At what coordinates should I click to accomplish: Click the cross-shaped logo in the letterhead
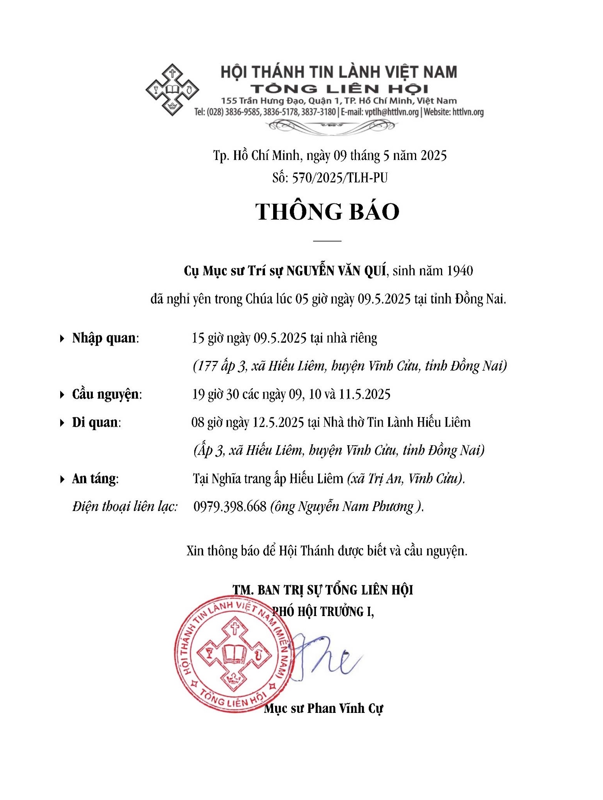172,89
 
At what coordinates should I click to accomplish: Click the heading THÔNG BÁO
327,212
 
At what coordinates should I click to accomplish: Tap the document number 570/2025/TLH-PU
340,178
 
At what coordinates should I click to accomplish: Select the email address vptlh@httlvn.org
391,112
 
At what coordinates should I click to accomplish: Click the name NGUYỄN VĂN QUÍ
336,271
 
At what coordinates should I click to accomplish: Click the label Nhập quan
104,338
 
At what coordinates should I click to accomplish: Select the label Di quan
96,422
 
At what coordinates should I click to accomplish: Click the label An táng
94,478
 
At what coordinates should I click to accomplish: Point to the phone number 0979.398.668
230,506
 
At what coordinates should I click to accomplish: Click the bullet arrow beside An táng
62,479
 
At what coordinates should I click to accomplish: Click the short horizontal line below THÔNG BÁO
327,241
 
